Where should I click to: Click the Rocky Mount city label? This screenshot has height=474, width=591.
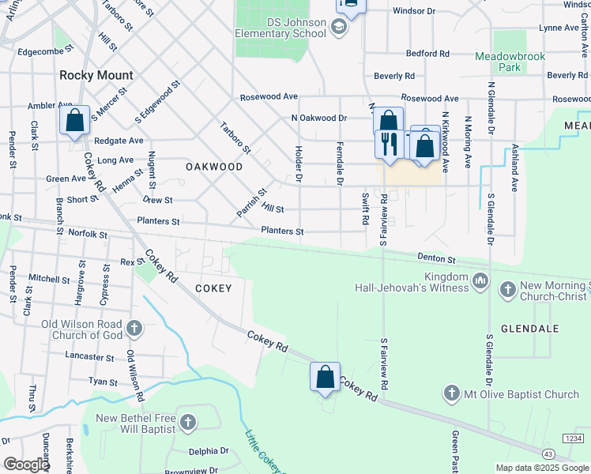tap(96, 76)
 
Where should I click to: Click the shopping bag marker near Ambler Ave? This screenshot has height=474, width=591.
tap(74, 121)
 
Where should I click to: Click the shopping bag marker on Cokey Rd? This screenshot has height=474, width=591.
tap(325, 377)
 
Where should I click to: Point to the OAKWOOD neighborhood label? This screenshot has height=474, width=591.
tap(214, 167)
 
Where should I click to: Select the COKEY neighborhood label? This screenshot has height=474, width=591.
tap(213, 288)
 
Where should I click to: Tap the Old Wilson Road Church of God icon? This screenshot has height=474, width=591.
tap(135, 327)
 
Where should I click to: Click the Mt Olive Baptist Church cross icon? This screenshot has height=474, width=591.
tap(451, 393)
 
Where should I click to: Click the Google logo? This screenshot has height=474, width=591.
tap(26, 465)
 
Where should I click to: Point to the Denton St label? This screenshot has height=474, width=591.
tap(436, 259)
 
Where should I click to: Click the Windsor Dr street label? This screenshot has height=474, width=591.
tap(414, 12)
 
